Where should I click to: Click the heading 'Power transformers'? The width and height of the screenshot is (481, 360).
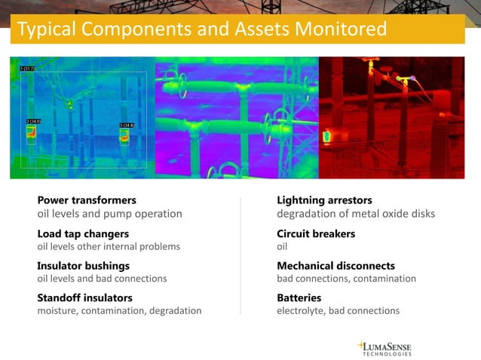coord(87,200)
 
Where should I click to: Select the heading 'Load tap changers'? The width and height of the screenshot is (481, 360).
coord(83,233)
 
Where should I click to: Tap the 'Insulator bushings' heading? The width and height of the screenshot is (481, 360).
coord(83,266)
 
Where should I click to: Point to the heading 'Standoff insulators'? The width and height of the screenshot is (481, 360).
coord(84,298)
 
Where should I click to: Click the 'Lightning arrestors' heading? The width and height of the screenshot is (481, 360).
coord(324,200)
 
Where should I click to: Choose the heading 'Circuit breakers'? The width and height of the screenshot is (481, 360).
coord(316,233)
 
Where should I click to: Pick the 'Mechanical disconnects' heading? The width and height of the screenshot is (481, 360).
coord(335,266)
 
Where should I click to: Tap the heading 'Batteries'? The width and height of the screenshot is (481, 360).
coord(299,298)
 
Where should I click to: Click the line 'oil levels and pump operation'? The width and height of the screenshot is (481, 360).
coord(110,214)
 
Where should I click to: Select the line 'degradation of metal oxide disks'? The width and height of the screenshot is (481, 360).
coord(356,214)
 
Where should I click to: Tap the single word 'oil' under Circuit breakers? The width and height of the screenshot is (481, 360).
coord(283,246)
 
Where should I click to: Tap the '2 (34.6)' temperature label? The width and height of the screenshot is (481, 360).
coord(34,121)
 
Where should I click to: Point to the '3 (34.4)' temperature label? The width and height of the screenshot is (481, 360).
coord(127,125)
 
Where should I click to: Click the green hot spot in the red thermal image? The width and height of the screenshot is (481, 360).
coord(326,136)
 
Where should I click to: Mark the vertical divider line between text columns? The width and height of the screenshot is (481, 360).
coord(240,256)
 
